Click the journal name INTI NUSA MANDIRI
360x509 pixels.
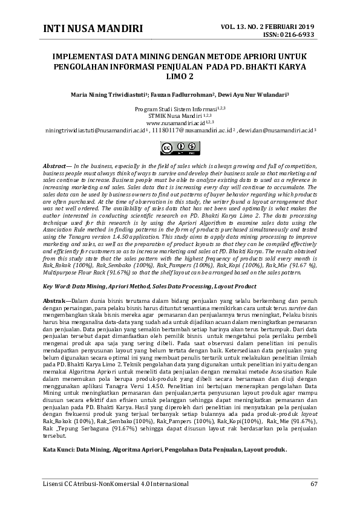(x=93, y=29)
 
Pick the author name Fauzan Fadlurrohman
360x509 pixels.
(x=185, y=95)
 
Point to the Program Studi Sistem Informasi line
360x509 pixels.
(x=180, y=108)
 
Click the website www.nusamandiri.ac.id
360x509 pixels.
(x=179, y=122)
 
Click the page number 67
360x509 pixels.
(x=313, y=484)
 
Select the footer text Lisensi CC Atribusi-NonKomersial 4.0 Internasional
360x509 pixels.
(x=115, y=484)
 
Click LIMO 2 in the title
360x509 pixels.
(x=180, y=77)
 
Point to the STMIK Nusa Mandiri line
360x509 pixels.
(x=180, y=115)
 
